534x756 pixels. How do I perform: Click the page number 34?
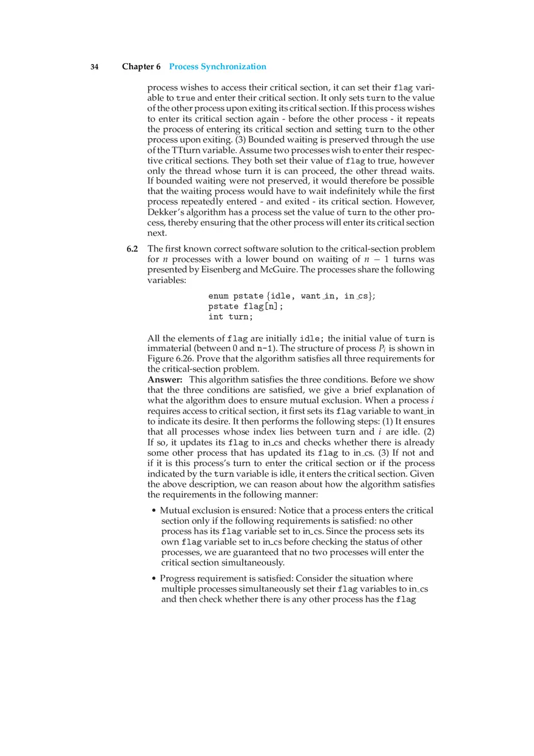tap(95, 67)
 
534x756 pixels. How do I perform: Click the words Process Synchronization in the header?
tap(217, 67)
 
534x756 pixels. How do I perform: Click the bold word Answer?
tap(165, 380)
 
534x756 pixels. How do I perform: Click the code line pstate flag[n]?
tap(246, 307)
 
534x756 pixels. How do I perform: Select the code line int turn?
tap(231, 317)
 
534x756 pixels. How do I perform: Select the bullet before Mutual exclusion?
tap(154, 511)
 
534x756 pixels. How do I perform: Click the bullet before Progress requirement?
tap(154, 579)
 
